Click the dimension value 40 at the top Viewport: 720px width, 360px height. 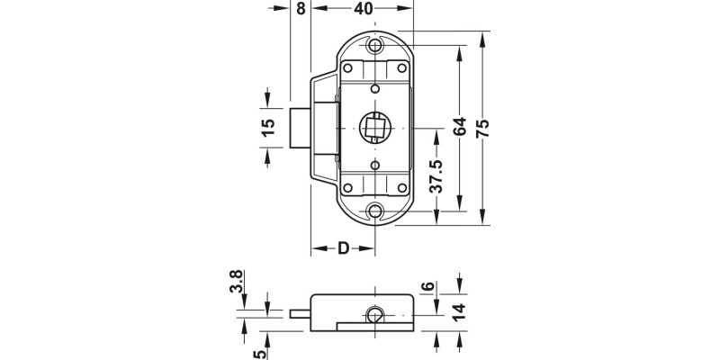(364, 10)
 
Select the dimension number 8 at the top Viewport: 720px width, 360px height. (300, 10)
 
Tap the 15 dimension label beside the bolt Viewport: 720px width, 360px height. (268, 127)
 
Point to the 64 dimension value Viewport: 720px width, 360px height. (460, 128)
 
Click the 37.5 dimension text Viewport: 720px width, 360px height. (436, 177)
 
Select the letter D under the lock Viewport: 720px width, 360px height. (343, 248)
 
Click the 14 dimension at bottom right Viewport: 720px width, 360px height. (460, 313)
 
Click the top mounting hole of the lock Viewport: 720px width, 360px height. (376, 44)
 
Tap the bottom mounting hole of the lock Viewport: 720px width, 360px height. (376, 211)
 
